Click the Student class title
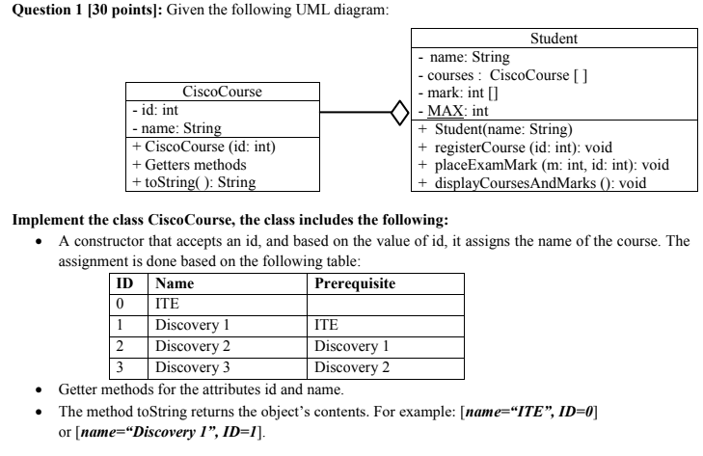click(554, 40)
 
